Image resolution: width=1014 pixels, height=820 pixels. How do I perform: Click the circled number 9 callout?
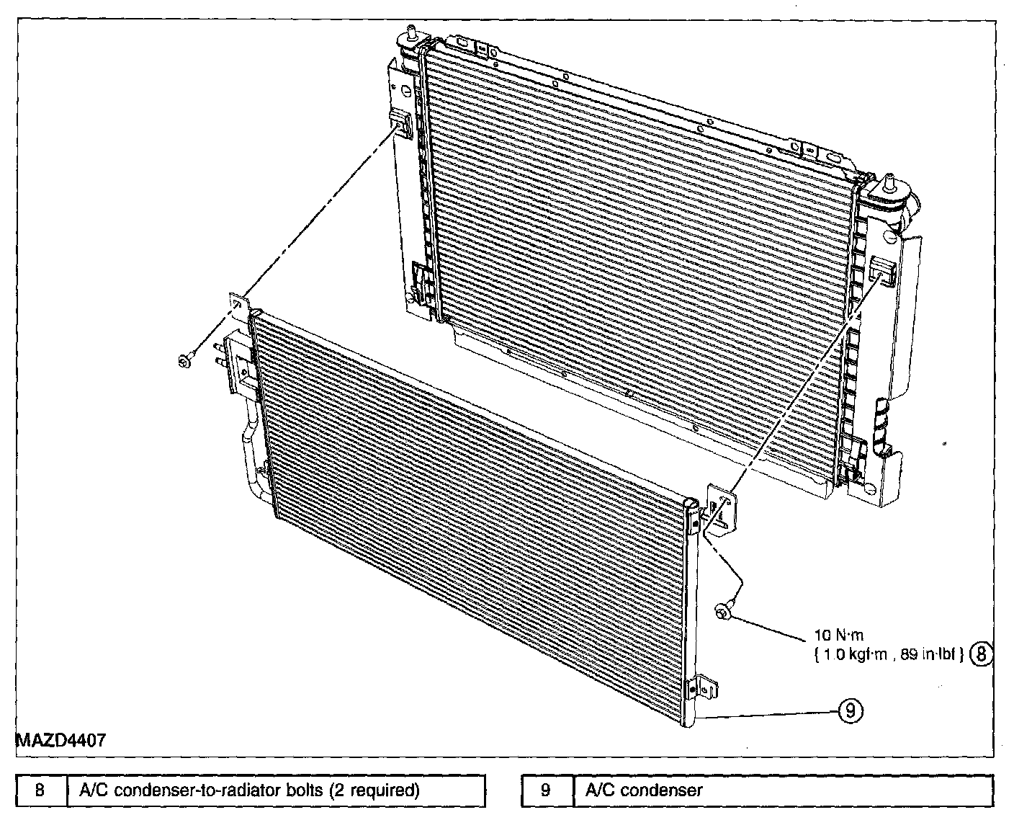tap(850, 711)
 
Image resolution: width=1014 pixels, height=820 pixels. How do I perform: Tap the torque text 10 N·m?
tap(838, 636)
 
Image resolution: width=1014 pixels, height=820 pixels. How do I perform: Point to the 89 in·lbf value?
tap(932, 654)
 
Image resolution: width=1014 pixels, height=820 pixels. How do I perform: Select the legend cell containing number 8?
tap(41, 790)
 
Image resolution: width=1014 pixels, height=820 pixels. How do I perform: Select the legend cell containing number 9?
tap(546, 790)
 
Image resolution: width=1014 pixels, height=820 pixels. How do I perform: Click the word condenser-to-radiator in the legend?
tap(198, 790)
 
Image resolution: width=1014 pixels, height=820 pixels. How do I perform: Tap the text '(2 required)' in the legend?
tap(374, 790)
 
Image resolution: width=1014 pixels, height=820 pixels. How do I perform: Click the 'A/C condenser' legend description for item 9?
tap(643, 790)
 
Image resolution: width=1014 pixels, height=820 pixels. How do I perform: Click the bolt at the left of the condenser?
tap(184, 360)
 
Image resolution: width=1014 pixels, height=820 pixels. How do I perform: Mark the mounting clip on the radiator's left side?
tap(399, 122)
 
